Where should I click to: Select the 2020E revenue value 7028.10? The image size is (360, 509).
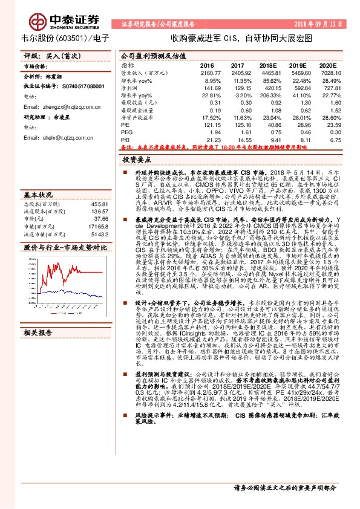[x=327, y=72]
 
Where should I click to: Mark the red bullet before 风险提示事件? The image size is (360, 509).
[x=123, y=449]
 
